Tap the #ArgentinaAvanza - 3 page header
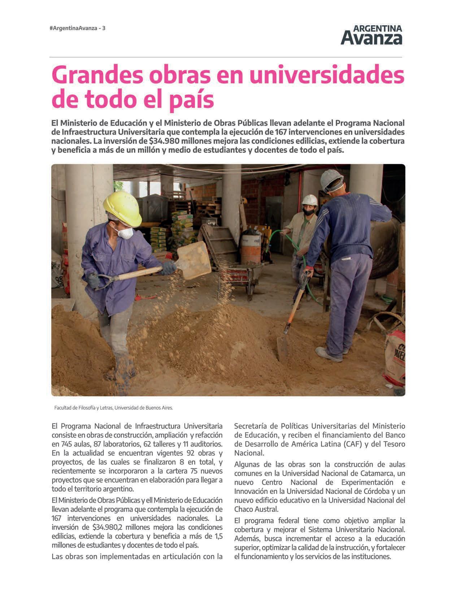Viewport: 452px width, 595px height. pos(77,28)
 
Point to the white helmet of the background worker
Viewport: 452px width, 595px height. pos(309,200)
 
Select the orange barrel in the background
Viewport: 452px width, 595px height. pos(251,249)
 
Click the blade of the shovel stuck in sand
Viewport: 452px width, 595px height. pos(282,348)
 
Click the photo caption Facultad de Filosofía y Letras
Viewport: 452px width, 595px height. pos(114,408)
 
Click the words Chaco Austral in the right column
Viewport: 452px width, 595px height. pos(256,509)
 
